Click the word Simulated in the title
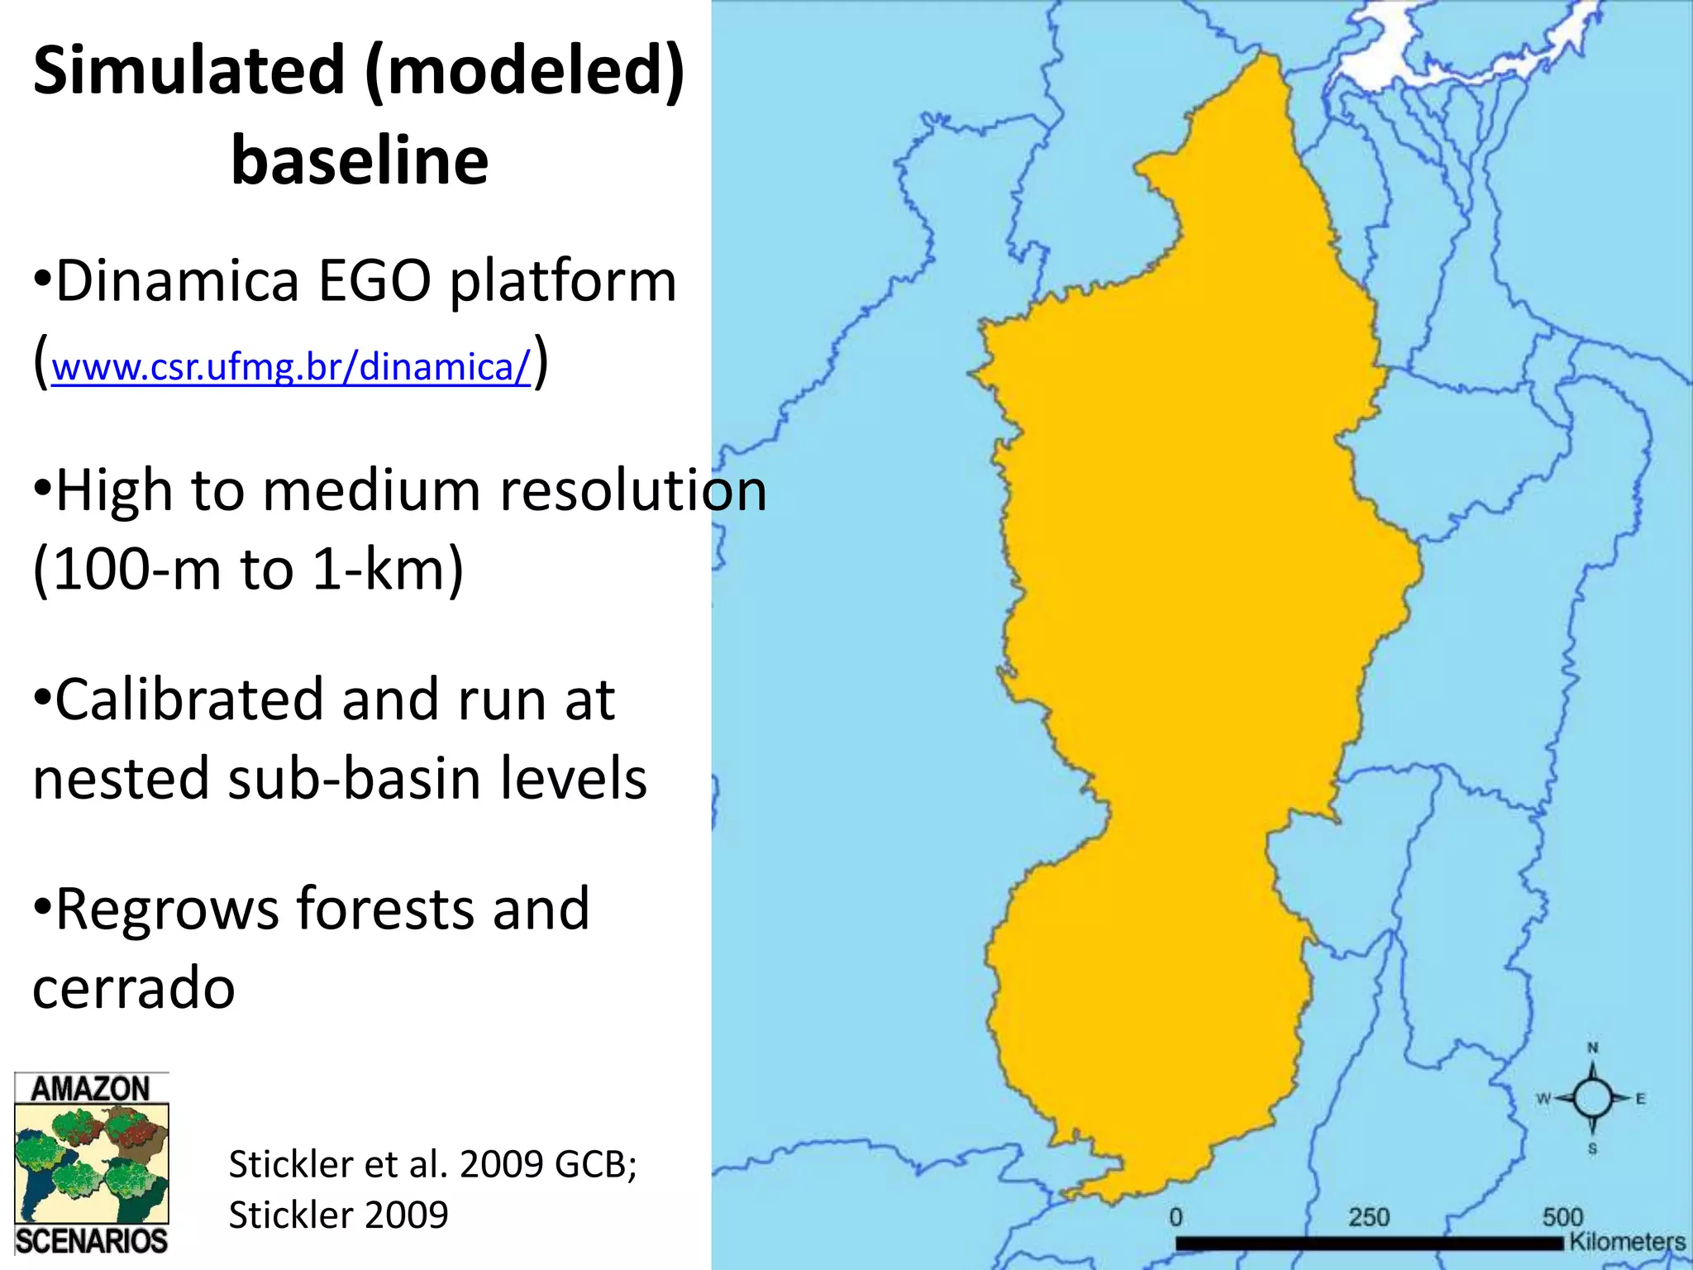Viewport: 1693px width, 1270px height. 188,71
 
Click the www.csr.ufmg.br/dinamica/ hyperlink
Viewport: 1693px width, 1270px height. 290,366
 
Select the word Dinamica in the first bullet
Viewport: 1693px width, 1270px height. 177,281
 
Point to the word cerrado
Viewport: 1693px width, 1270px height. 134,987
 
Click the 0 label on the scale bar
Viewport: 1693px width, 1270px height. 1176,1217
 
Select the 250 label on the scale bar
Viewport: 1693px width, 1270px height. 1369,1217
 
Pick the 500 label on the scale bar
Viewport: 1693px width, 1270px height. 1562,1217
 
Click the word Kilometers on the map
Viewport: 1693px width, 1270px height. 1627,1241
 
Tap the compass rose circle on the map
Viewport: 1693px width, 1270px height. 1592,1098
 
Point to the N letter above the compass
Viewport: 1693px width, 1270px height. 1593,1048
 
